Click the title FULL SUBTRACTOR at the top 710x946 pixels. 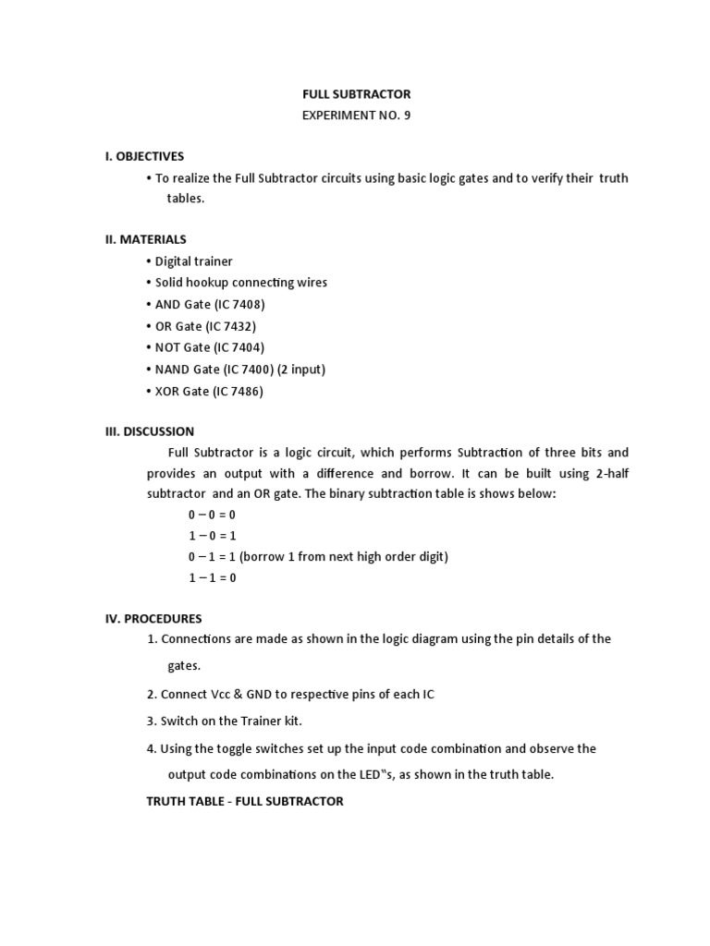(x=356, y=94)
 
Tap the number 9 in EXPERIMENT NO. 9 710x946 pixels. (x=406, y=115)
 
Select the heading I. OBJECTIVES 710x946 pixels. (x=144, y=156)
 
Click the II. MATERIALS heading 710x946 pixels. (x=145, y=239)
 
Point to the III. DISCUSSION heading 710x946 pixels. (x=149, y=431)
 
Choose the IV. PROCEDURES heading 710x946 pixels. (x=153, y=618)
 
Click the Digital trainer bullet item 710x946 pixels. (x=193, y=261)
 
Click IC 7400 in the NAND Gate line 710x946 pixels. (x=250, y=370)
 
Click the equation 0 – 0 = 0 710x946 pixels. (x=212, y=515)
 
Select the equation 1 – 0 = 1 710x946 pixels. (x=212, y=536)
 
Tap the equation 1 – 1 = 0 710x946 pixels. (x=212, y=578)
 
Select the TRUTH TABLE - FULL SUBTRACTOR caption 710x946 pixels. (x=244, y=801)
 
